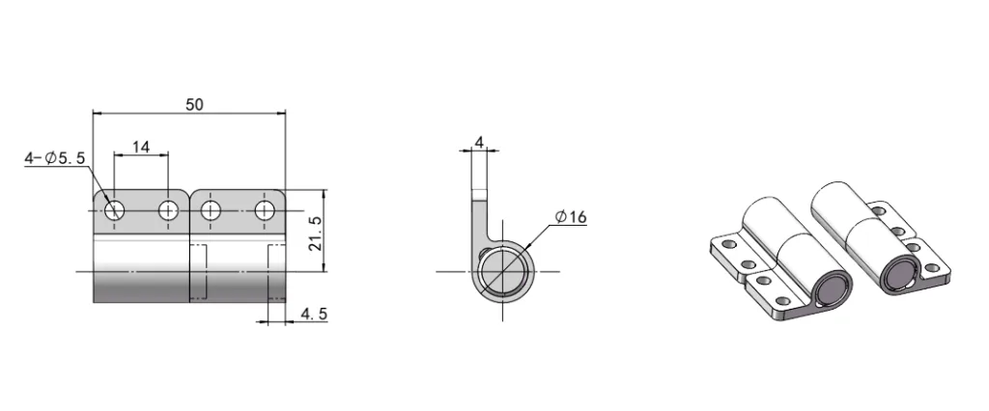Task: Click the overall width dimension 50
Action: [x=194, y=104]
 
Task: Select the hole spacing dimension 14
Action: [x=141, y=147]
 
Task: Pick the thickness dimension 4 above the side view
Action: [x=479, y=143]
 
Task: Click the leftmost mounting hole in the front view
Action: [x=115, y=209]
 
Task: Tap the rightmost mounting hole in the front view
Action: [x=266, y=209]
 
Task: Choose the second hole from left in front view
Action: [x=169, y=209]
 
